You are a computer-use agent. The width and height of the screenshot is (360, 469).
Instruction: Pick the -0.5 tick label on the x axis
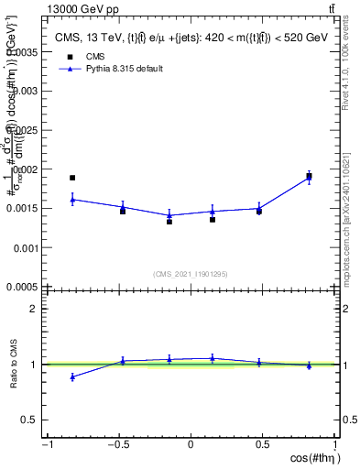pyautogui.click(x=117, y=445)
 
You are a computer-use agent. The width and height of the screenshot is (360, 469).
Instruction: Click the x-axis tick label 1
pyautogui.click(x=335, y=445)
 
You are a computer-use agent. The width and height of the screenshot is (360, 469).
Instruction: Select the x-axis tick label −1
pyautogui.click(x=46, y=445)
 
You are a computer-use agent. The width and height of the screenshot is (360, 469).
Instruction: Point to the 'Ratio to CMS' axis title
pyautogui.click(x=13, y=365)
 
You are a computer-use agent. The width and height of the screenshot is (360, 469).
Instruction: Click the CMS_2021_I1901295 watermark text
pyautogui.click(x=191, y=274)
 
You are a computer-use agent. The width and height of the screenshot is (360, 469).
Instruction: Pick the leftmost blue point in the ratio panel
pyautogui.click(x=72, y=376)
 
